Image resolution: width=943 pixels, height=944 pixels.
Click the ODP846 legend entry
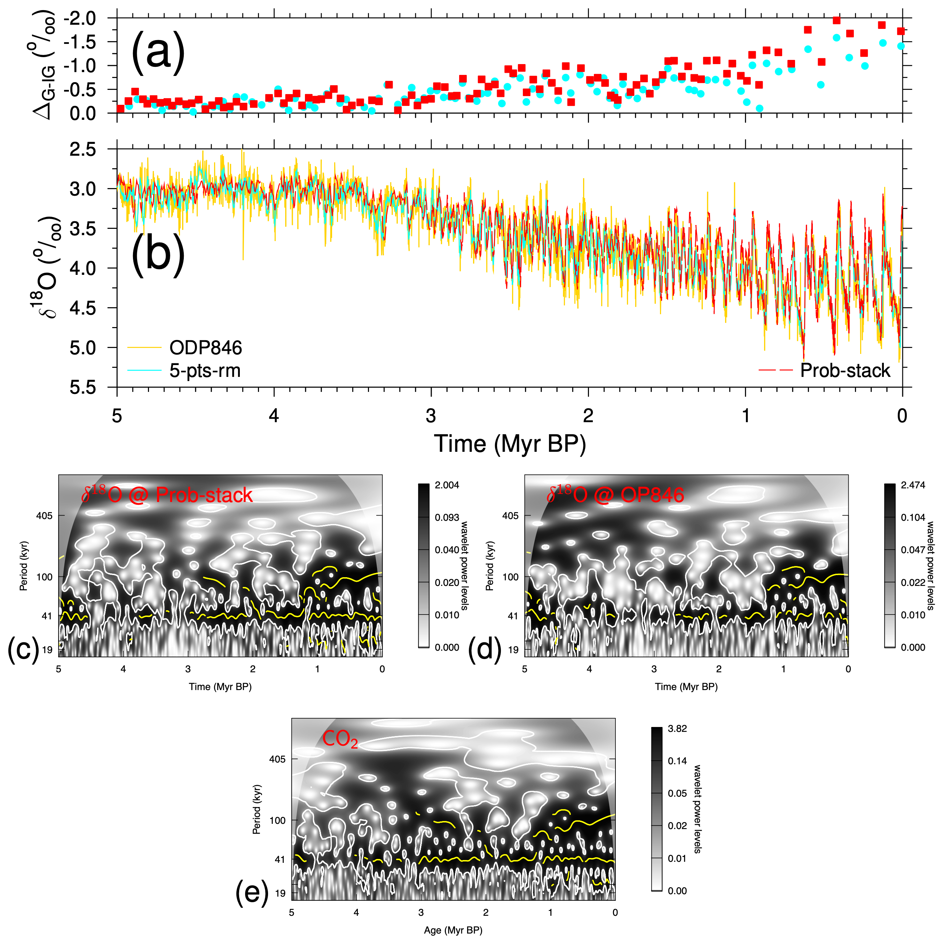(x=205, y=348)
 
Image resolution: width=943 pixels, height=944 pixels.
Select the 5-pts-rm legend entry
(x=205, y=370)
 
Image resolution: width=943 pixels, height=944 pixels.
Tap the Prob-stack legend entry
(x=844, y=370)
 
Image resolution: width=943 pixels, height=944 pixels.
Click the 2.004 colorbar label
(x=447, y=485)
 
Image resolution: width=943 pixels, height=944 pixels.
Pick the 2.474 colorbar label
(x=913, y=485)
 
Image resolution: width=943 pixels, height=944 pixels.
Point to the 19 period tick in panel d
(x=513, y=650)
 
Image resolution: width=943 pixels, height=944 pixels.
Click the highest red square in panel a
(x=836, y=21)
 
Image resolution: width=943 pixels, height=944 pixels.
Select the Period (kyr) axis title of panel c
(x=23, y=565)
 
